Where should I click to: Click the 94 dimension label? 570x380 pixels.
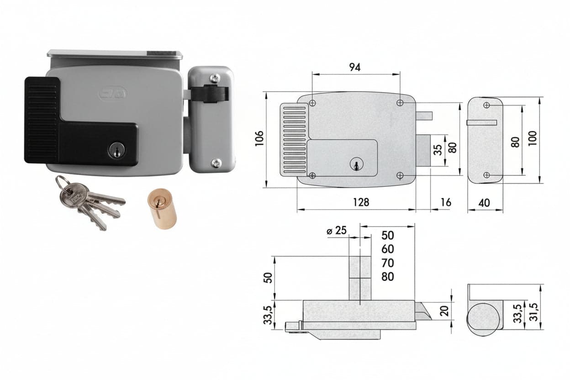click(x=355, y=67)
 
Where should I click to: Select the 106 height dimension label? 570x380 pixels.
click(x=259, y=138)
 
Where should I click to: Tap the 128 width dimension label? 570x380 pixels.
click(x=361, y=202)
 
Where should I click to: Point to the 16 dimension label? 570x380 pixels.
click(x=446, y=202)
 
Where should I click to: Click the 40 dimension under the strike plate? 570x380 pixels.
click(x=484, y=203)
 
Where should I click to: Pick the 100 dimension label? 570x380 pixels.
click(x=532, y=138)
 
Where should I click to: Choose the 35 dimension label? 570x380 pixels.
click(x=438, y=150)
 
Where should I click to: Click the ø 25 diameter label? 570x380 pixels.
click(x=337, y=231)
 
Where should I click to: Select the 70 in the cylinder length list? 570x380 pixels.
click(x=388, y=263)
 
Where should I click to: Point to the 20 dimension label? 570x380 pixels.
click(x=444, y=311)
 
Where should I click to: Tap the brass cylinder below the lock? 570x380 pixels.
click(x=162, y=209)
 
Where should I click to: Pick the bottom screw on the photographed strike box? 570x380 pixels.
click(x=217, y=163)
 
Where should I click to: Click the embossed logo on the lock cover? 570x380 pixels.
click(x=113, y=94)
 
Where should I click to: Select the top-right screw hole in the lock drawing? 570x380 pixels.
click(x=400, y=103)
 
